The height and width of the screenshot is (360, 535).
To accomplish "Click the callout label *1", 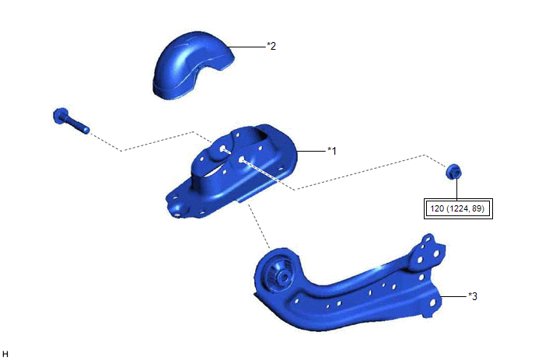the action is (x=331, y=151).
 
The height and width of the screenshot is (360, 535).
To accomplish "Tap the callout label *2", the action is (x=271, y=46).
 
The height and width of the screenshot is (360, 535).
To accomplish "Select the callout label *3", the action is (x=473, y=296).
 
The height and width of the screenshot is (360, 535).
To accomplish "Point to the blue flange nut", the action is (x=454, y=171).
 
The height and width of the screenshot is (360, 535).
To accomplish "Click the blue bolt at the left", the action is (x=71, y=120).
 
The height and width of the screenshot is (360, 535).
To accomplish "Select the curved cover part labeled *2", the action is (x=191, y=65).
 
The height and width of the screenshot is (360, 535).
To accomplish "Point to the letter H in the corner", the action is (x=5, y=354).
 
